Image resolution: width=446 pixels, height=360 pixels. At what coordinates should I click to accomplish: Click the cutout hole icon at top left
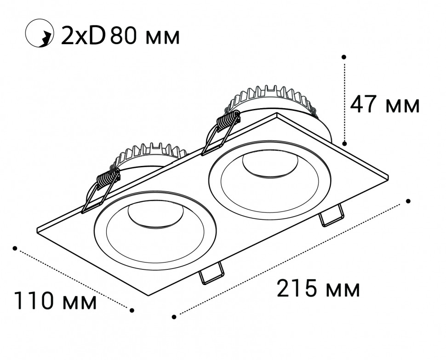click(40, 33)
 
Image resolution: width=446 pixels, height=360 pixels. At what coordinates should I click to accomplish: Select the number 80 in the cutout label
click(124, 35)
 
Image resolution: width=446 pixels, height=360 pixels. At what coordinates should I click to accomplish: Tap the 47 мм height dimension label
click(384, 105)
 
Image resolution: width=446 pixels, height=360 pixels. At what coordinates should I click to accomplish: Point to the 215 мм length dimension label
click(318, 288)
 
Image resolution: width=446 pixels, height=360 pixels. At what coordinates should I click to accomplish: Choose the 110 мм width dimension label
click(56, 300)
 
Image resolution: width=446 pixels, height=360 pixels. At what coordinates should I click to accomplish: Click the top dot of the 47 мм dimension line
click(344, 57)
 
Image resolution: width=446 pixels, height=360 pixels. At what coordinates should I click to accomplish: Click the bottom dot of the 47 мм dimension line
click(344, 143)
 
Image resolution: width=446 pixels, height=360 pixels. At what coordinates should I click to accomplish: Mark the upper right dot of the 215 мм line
click(408, 201)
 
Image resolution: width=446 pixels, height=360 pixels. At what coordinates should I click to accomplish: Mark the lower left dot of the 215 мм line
click(174, 316)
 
